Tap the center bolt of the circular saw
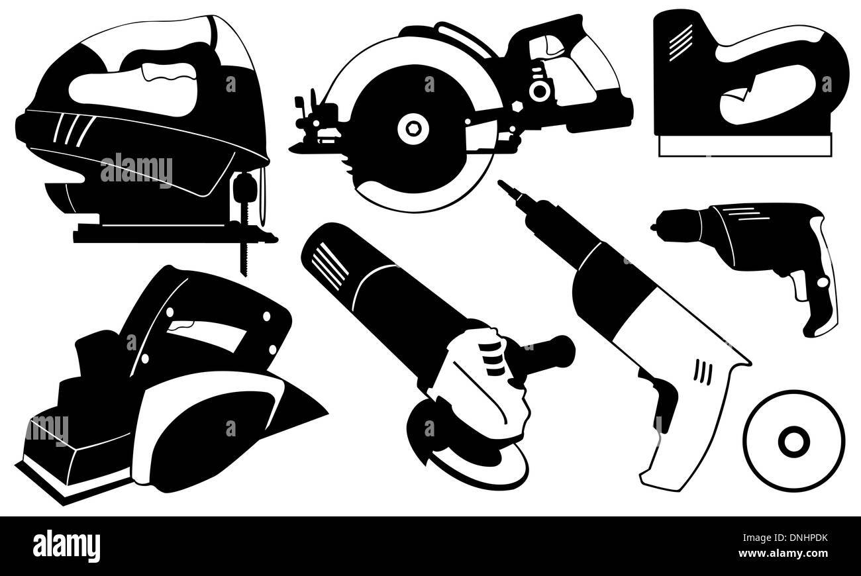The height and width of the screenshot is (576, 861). pyautogui.click(x=414, y=128)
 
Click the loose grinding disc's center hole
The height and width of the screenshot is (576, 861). pyautogui.click(x=793, y=440)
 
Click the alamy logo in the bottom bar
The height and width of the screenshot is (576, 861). pyautogui.click(x=66, y=546)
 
